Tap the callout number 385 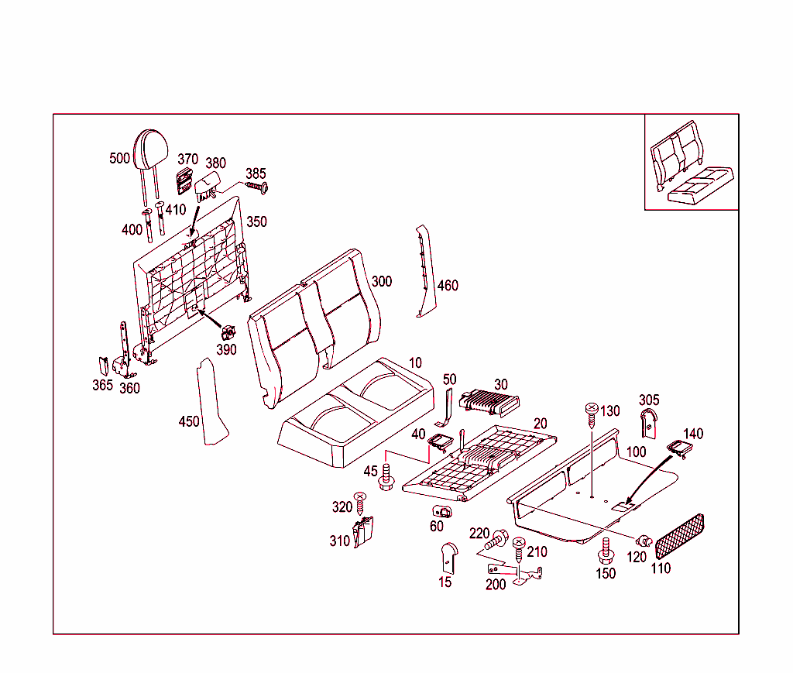pos(256,173)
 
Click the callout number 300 pos(381,281)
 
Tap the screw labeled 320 pos(359,505)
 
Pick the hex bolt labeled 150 pos(606,551)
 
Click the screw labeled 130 pos(591,414)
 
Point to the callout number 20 pos(540,423)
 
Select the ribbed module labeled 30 pos(489,400)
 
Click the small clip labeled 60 pos(442,511)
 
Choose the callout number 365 pos(102,385)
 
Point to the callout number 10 pos(416,362)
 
